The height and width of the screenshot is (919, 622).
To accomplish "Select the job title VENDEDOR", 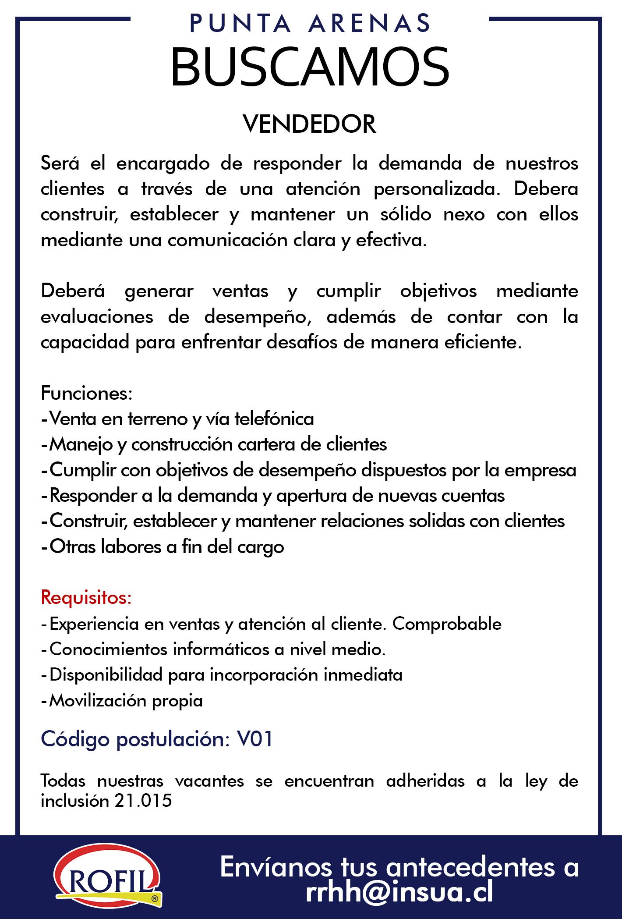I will tap(310, 124).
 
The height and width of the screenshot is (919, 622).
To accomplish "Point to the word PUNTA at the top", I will tap(240, 24).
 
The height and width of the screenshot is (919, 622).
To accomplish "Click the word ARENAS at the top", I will tap(370, 24).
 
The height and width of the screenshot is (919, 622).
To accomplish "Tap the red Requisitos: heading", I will tap(86, 598).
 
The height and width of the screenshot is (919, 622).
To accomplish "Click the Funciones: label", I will tap(86, 393).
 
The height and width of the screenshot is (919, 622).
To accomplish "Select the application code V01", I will tap(255, 739).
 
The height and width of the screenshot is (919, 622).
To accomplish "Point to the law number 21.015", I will tap(143, 801).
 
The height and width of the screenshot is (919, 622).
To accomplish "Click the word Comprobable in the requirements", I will tap(447, 624).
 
